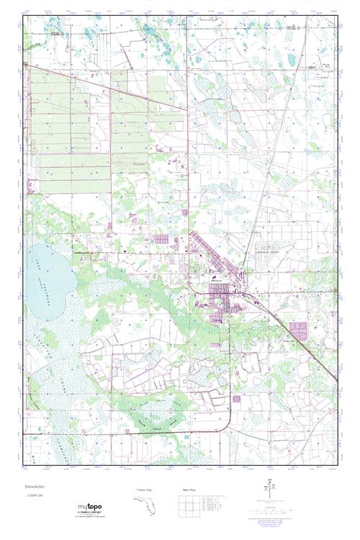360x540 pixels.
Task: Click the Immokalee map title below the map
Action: (35, 487)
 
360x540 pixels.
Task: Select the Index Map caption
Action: (189, 490)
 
